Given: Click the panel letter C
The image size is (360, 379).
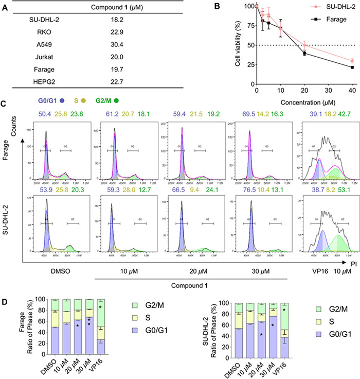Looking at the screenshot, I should pos(4,101).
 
